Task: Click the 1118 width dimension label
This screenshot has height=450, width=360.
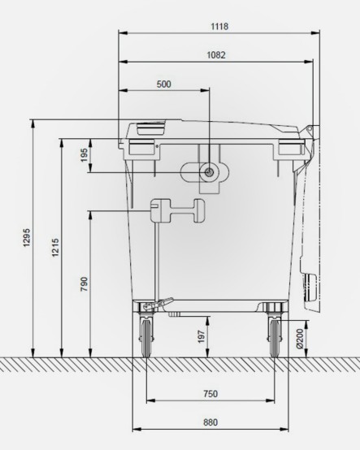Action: click(x=217, y=26)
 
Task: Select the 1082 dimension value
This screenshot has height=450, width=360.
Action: click(x=215, y=55)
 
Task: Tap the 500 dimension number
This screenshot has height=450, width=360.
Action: click(x=163, y=84)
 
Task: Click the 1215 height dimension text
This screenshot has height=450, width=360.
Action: click(x=55, y=249)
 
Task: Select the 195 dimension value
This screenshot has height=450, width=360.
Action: click(x=84, y=155)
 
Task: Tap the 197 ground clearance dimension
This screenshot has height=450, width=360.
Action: click(x=202, y=336)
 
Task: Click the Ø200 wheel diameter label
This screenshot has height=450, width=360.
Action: click(x=300, y=336)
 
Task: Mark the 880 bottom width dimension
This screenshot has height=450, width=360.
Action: click(x=210, y=422)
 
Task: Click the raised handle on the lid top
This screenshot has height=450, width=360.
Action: click(x=150, y=127)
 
